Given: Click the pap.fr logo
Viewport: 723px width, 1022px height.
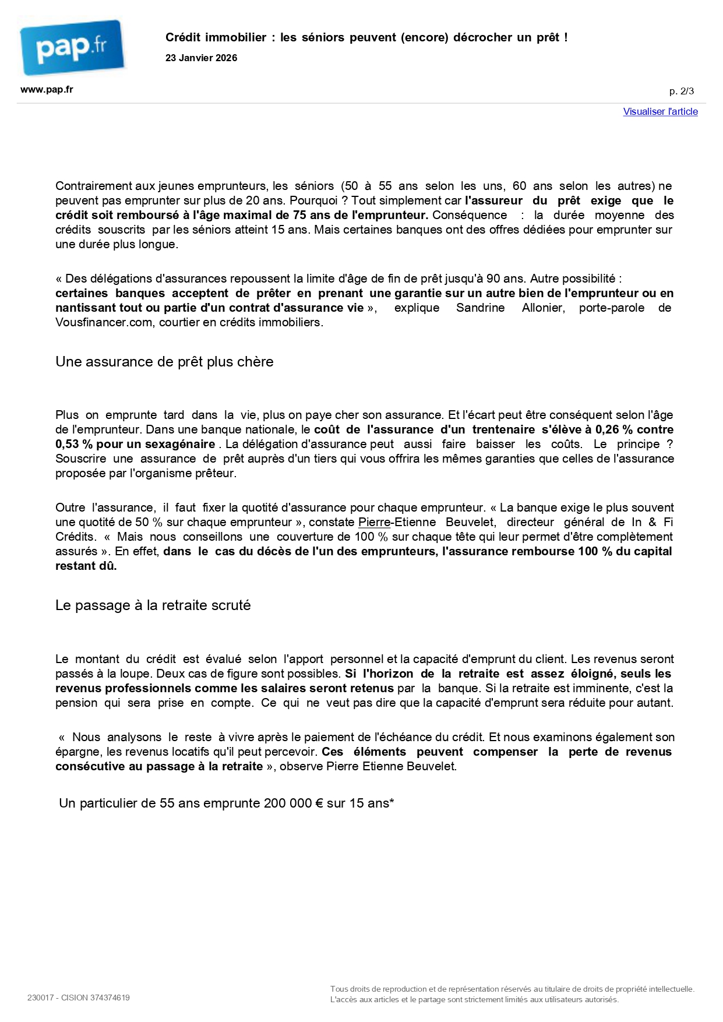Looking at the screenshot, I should coord(72,47).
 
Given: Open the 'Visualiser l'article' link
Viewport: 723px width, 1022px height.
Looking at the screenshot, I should coord(660,112).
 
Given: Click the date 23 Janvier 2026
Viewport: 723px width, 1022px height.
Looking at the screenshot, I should coord(201,58).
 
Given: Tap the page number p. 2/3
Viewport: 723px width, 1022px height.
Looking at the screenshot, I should coord(681,91).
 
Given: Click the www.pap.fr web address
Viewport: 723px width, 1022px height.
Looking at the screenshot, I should coord(47,90).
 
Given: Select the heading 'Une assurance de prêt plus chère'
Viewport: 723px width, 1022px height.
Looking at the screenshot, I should coord(164,362).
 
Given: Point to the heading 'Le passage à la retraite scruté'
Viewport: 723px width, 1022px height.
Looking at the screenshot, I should coord(153,605).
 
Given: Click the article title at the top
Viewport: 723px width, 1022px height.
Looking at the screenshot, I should coord(366,37).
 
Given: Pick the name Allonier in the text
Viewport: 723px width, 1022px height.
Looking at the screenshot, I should coord(542,308).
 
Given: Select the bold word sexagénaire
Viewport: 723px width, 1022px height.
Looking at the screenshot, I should coord(179,444).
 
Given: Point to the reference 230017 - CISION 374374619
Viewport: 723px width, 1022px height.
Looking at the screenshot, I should coord(78,998).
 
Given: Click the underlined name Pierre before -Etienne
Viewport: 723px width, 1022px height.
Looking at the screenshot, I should coord(373,522).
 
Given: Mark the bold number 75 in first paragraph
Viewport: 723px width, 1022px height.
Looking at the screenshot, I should coord(299,215).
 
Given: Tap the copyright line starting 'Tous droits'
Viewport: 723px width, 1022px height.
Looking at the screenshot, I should coord(512,989).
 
